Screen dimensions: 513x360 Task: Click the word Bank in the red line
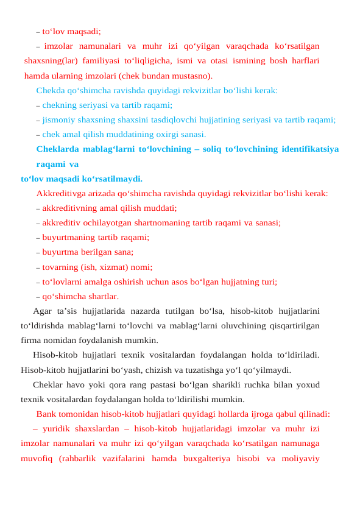46,414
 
